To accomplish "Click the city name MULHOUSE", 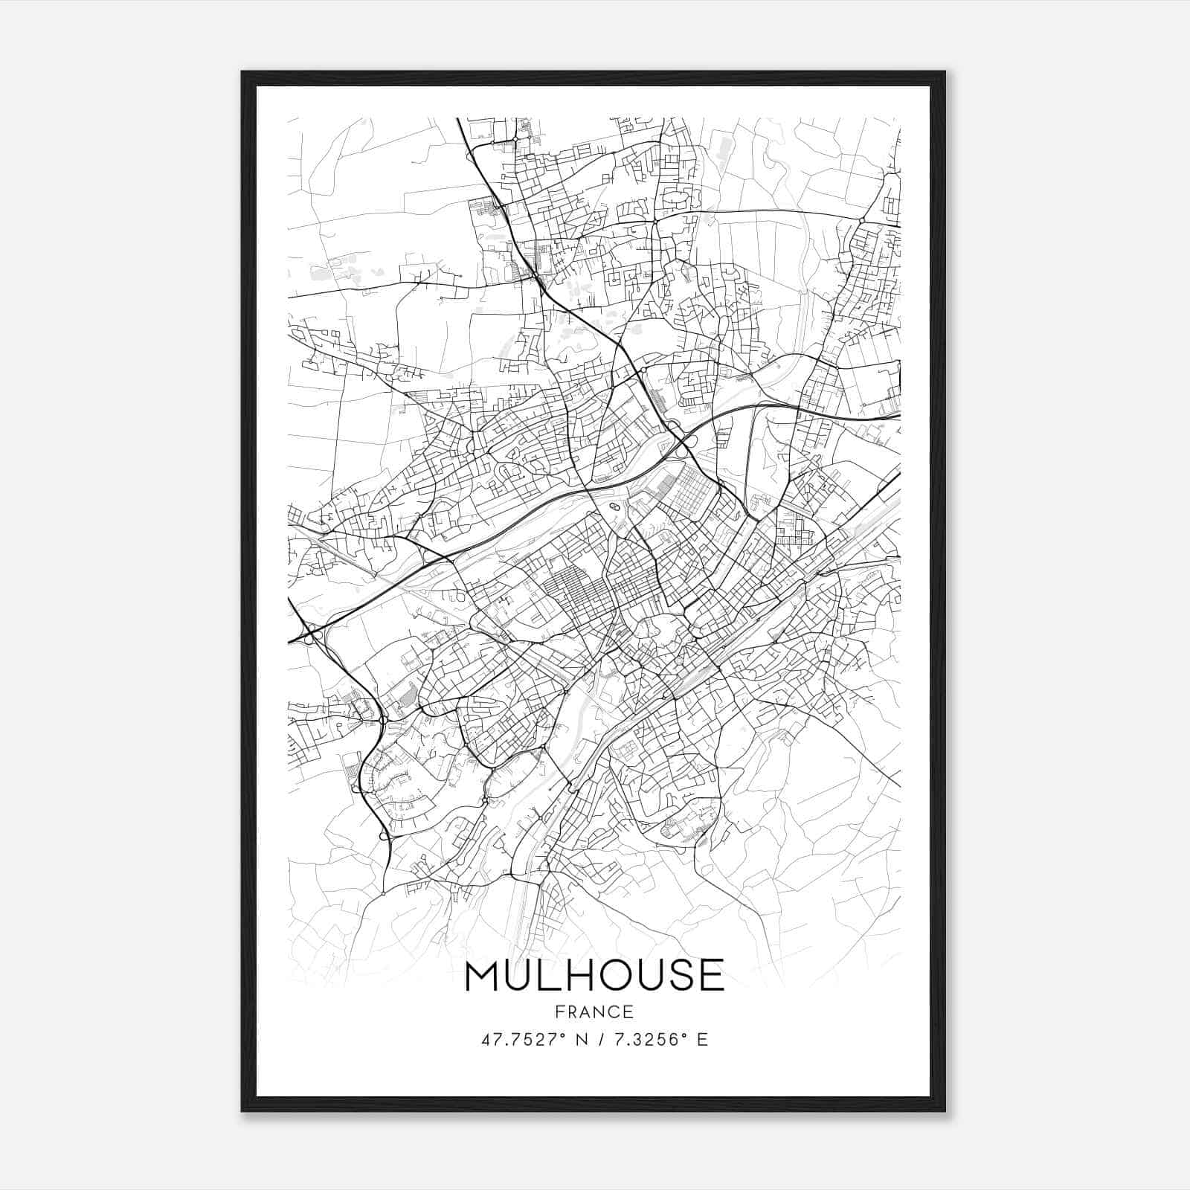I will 594,976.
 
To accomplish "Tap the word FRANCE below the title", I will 594,1011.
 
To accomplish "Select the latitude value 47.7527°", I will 524,1040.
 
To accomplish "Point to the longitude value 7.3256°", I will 644,1040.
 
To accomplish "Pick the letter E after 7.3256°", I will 702,1040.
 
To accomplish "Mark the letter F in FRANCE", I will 558,1011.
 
